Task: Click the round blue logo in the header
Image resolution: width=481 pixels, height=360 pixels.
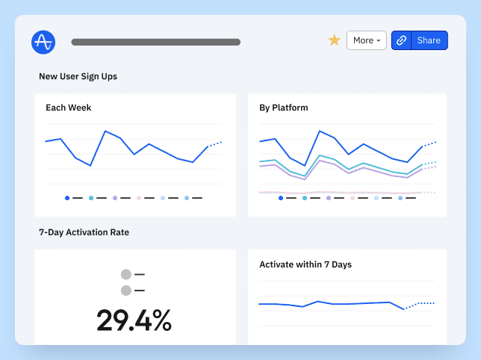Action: (43, 41)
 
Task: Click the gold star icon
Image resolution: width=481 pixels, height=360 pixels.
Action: (335, 40)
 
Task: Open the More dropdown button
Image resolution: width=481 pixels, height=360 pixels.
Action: (366, 40)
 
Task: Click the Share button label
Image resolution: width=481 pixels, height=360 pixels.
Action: (429, 40)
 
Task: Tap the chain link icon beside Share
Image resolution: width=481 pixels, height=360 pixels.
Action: (401, 40)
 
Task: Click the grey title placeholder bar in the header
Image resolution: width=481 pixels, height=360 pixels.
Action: (155, 43)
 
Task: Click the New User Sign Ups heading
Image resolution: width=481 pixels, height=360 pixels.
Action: (78, 76)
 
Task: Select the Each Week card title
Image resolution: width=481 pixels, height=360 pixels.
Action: (68, 108)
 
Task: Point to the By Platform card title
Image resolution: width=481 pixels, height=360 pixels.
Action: (283, 108)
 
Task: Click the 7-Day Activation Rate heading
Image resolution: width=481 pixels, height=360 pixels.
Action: (84, 232)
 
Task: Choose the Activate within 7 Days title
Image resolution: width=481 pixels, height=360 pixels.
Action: (305, 264)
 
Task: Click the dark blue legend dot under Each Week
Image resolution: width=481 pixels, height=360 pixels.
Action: (67, 198)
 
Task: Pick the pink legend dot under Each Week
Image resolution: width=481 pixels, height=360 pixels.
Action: (139, 198)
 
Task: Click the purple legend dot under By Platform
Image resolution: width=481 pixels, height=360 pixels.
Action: (329, 198)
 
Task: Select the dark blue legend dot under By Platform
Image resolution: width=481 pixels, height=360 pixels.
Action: (281, 198)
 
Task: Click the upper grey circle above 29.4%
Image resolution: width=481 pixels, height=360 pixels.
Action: (125, 275)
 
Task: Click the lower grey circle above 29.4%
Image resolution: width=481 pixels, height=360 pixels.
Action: (125, 290)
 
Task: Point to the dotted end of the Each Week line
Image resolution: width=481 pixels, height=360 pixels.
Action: (216, 143)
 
